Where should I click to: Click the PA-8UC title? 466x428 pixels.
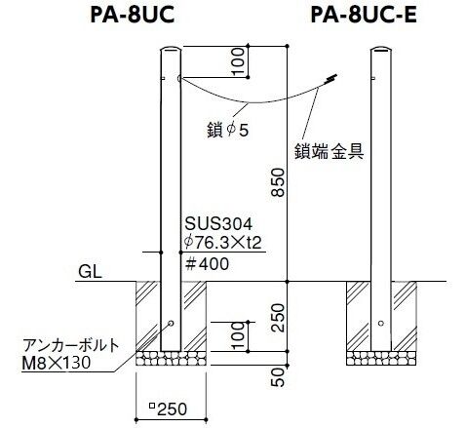(x=133, y=16)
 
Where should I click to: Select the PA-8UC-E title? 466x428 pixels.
(x=364, y=16)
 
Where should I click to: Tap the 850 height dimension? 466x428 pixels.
(x=278, y=182)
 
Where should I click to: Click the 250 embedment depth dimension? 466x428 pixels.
(x=278, y=318)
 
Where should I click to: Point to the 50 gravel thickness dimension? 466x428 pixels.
(x=278, y=377)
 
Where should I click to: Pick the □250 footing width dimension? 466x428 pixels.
(x=168, y=409)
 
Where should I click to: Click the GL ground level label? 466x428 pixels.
(x=90, y=271)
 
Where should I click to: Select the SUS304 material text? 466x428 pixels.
(x=218, y=223)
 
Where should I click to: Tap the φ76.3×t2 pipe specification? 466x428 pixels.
(x=222, y=242)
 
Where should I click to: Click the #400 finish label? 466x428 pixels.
(x=207, y=264)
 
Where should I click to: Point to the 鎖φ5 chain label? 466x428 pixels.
(x=227, y=130)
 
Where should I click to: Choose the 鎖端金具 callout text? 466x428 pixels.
(x=329, y=151)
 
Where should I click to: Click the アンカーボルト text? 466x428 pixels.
(x=71, y=345)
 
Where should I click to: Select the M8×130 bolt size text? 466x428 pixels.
(x=56, y=363)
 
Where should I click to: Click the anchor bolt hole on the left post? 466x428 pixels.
(x=171, y=323)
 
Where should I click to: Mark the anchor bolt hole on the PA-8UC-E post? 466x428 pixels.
(x=381, y=323)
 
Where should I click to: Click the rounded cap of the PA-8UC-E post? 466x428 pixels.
(x=381, y=50)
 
